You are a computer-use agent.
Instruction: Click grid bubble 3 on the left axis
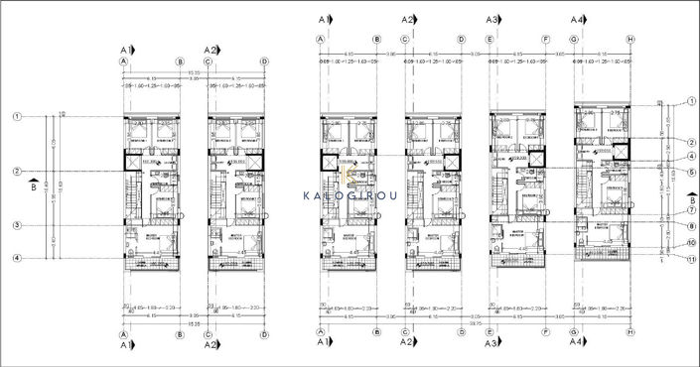pyautogui.click(x=17, y=225)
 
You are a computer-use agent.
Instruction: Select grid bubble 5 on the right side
pyautogui.click(x=690, y=172)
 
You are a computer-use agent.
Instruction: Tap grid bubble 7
pyautogui.click(x=690, y=209)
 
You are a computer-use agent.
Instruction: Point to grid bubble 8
pyautogui.click(x=690, y=226)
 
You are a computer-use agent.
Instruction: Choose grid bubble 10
pyautogui.click(x=690, y=242)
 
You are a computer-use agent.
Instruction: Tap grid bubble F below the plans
pyautogui.click(x=547, y=333)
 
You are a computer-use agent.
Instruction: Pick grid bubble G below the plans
pyautogui.click(x=576, y=333)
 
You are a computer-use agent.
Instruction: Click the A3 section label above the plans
pyautogui.click(x=493, y=20)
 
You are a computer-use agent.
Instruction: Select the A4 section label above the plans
pyautogui.click(x=579, y=20)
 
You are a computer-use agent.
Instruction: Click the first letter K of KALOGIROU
pyautogui.click(x=307, y=195)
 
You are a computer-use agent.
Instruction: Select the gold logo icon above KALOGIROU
pyautogui.click(x=350, y=177)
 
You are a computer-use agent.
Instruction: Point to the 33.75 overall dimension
pyautogui.click(x=476, y=323)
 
